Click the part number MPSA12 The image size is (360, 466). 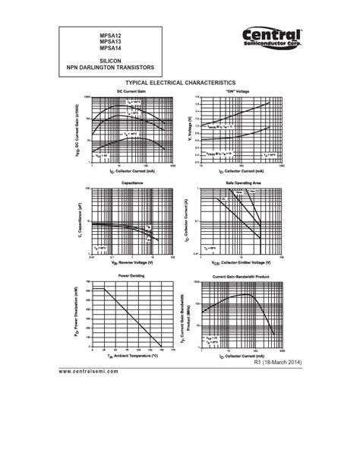(x=109, y=36)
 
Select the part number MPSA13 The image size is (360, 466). (x=109, y=42)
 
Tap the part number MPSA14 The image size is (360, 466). (x=109, y=48)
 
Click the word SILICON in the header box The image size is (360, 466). (x=110, y=60)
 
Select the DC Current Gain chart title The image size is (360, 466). (x=130, y=91)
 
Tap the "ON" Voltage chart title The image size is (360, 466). (x=238, y=91)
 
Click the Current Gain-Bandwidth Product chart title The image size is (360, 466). (x=242, y=276)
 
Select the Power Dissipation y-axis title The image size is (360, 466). (x=77, y=313)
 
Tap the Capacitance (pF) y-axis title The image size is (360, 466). (x=77, y=221)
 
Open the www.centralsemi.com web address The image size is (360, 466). (x=89, y=371)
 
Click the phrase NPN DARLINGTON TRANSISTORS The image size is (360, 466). (x=110, y=67)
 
